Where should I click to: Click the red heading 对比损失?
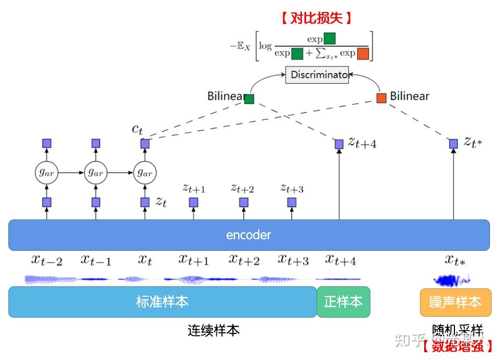(x=316, y=19)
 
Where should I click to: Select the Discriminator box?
(x=317, y=75)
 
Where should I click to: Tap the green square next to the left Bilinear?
(x=249, y=99)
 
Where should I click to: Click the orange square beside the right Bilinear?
(x=381, y=98)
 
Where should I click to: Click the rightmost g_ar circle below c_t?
(x=145, y=172)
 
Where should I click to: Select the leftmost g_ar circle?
(x=46, y=172)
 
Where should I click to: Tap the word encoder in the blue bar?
(x=249, y=235)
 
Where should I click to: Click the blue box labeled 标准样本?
(x=162, y=301)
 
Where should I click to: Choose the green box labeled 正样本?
(x=343, y=301)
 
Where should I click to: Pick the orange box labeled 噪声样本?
(x=456, y=302)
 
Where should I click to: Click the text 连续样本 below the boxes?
(x=214, y=331)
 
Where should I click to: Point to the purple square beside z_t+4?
(x=339, y=143)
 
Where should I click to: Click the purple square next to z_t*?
(x=453, y=143)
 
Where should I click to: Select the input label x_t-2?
(x=46, y=260)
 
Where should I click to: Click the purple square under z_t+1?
(x=194, y=202)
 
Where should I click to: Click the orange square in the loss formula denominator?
(x=363, y=53)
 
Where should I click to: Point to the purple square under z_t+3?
(x=291, y=202)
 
